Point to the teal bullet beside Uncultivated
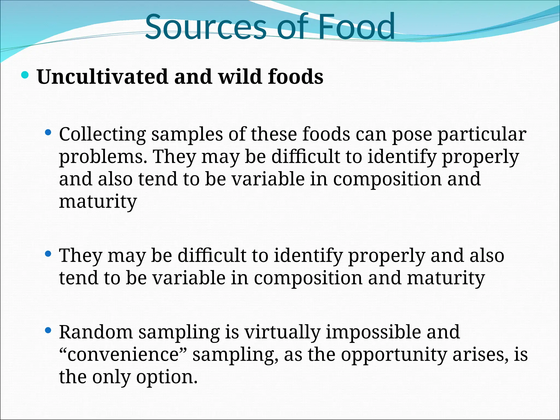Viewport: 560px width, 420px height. tap(25, 75)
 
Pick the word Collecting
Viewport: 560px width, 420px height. tap(103, 135)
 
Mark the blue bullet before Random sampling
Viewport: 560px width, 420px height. tap(48, 331)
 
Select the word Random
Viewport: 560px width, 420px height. tap(96, 332)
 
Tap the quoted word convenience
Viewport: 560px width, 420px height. tap(123, 355)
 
